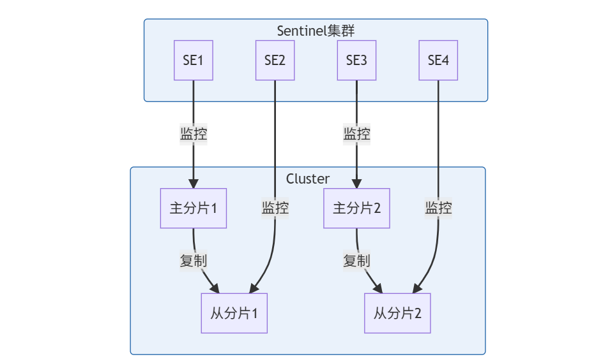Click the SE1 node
[193, 61]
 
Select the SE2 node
[275, 61]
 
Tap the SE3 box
[356, 61]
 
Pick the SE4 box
[438, 61]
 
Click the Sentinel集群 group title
[316, 31]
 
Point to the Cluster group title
[308, 179]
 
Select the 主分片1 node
[193, 208]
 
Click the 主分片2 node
[356, 208]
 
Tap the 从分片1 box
[234, 313]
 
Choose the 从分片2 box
[397, 313]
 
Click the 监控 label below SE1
[193, 135]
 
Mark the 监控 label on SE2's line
[275, 208]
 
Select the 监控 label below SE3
[356, 135]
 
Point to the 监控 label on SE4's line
[438, 208]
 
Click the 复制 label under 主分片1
[193, 261]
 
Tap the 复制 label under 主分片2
[356, 261]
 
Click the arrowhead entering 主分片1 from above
[193, 184]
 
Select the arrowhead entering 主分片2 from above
[356, 184]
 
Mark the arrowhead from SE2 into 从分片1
[255, 288]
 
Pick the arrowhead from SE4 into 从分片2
[418, 288]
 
